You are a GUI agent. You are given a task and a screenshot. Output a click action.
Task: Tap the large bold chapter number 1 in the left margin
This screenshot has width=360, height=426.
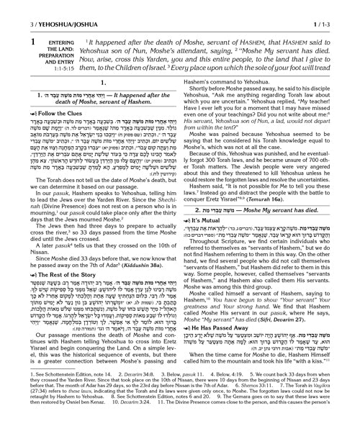click(10, 26)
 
